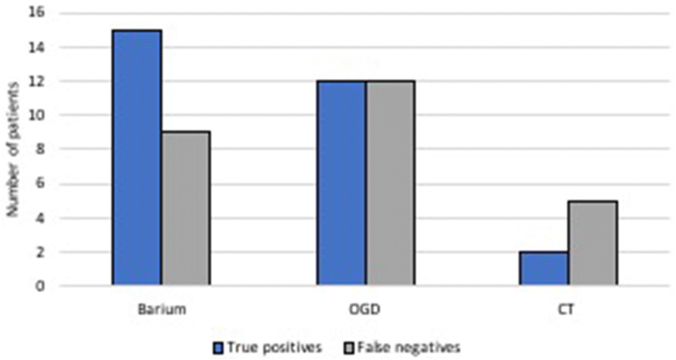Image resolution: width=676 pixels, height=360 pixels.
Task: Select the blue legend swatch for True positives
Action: [219, 347]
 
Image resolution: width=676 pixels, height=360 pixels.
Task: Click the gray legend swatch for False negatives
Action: [339, 347]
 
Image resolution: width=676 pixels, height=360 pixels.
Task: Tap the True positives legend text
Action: [270, 347]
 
